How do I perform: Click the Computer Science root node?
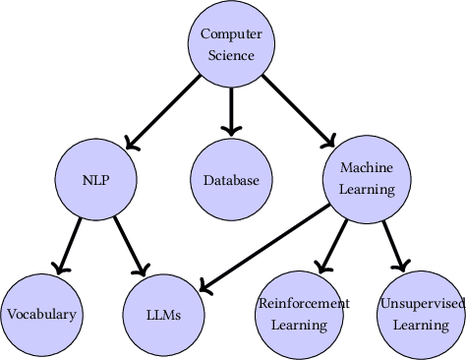(x=231, y=44)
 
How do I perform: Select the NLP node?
(x=95, y=180)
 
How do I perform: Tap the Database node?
(x=231, y=180)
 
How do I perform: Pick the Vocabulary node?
(x=40, y=316)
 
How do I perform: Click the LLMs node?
(x=164, y=316)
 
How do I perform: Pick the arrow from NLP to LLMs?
(x=128, y=245)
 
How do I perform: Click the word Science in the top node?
(x=231, y=55)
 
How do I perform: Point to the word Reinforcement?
(x=303, y=304)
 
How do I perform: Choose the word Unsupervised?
(x=422, y=304)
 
